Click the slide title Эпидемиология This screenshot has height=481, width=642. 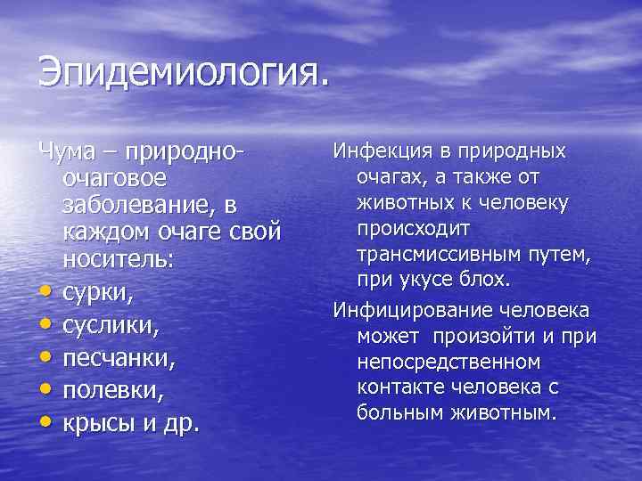coord(184,70)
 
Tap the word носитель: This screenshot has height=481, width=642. coord(119,262)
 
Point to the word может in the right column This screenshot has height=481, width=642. coord(390,336)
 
